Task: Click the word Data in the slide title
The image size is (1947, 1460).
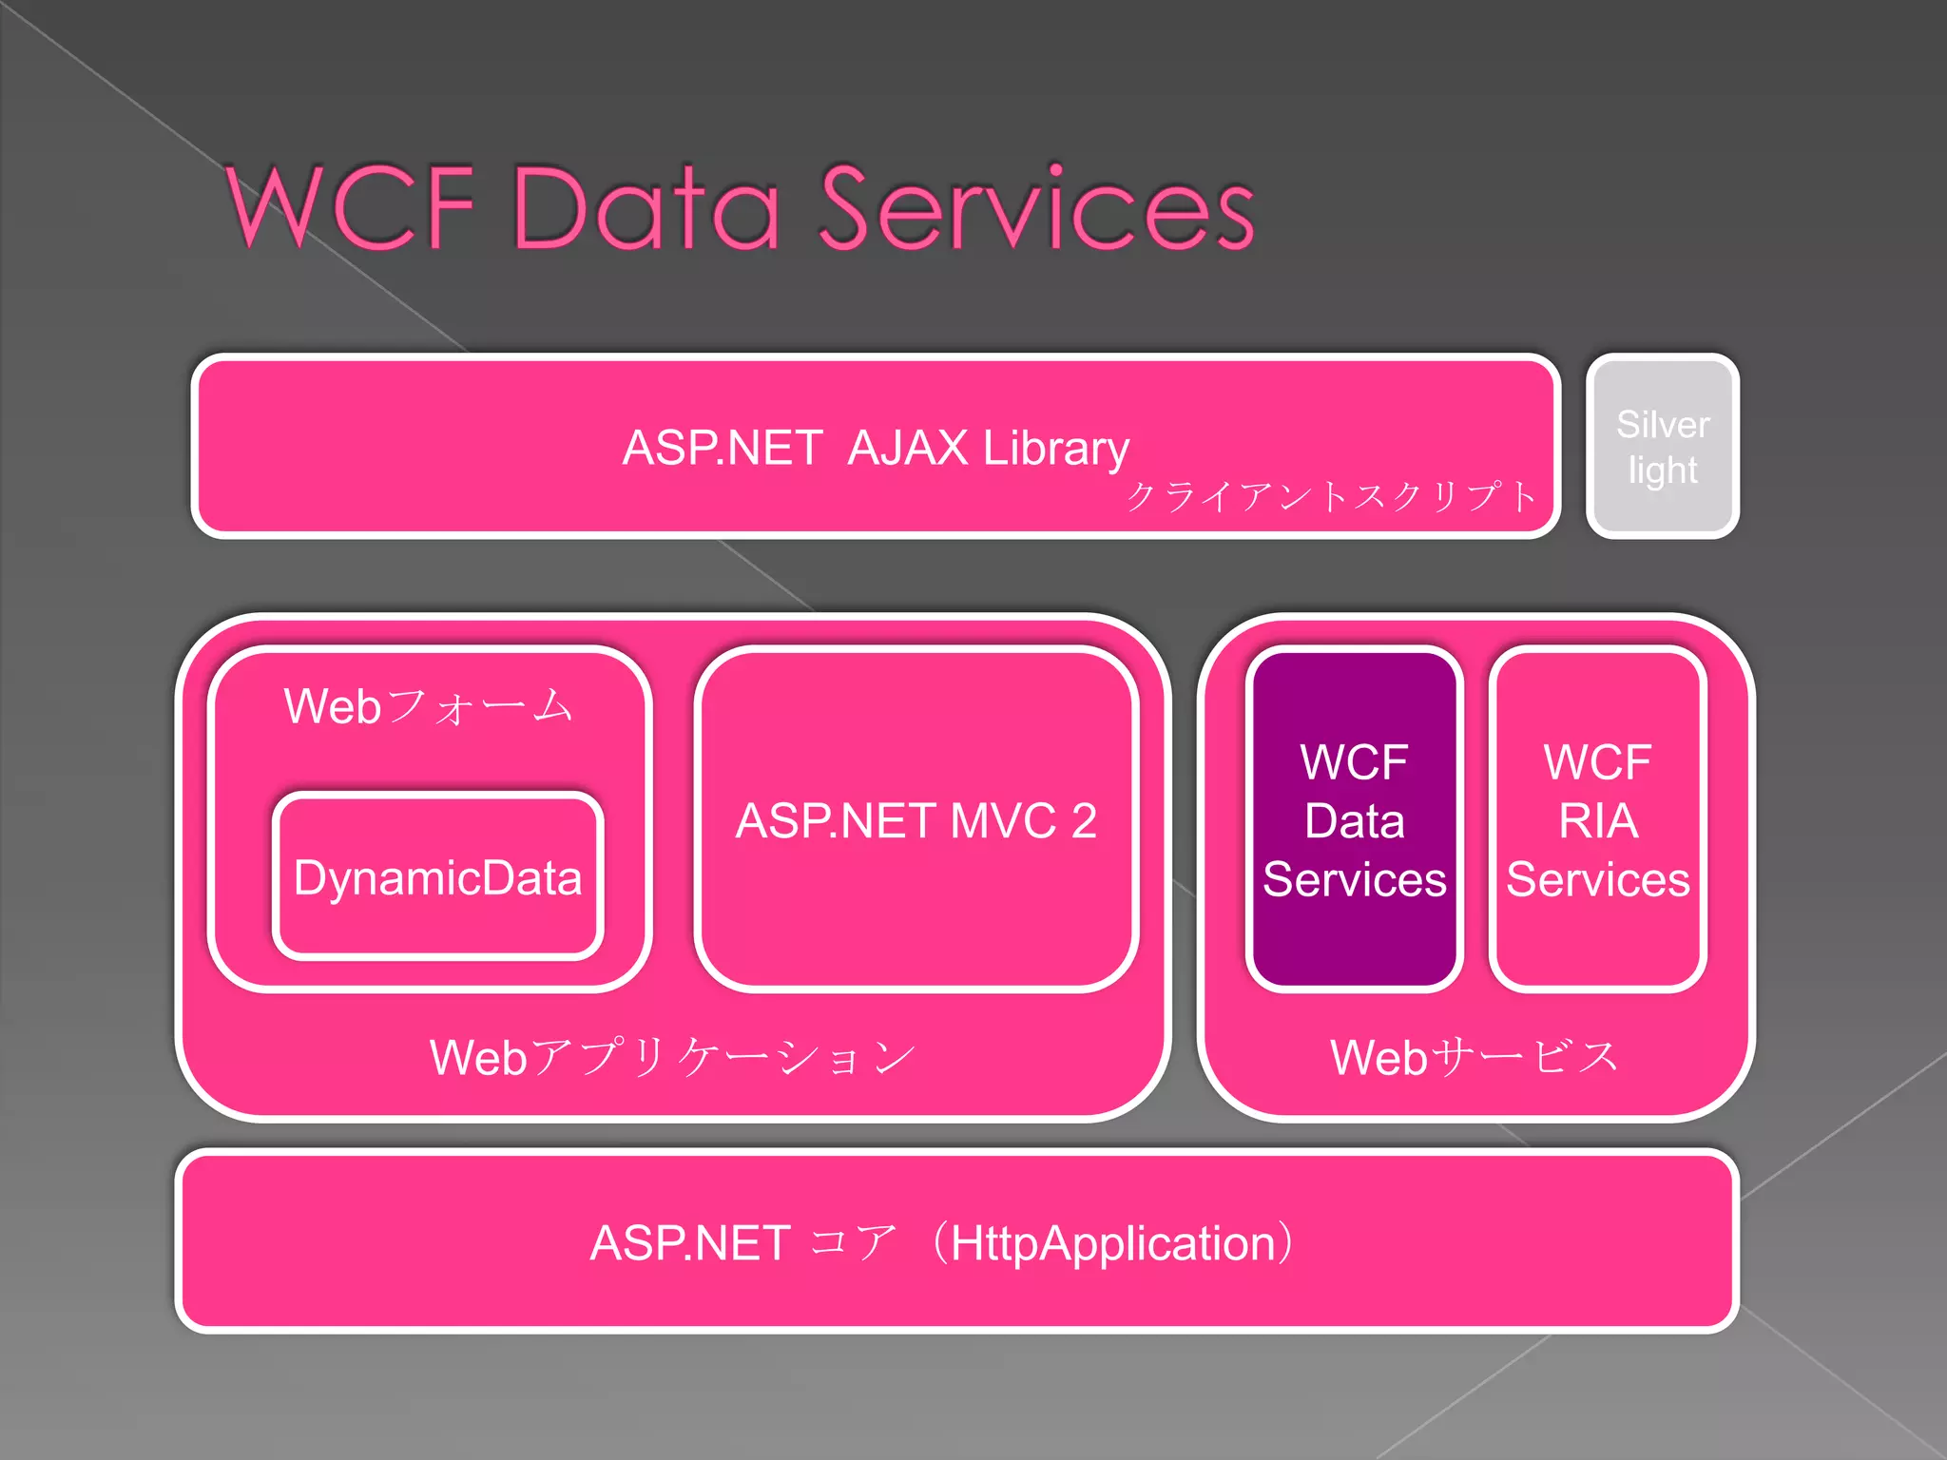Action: pos(646,207)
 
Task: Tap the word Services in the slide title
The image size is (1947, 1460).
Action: pos(1036,207)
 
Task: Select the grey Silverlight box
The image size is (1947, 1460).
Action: pos(1662,447)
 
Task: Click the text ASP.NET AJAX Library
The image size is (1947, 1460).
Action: pos(875,448)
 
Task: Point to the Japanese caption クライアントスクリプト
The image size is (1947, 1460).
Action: pos(1331,496)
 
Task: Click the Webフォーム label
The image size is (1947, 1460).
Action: pos(429,706)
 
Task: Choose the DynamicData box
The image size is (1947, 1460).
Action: pos(437,877)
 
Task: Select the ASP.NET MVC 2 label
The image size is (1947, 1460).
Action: pos(916,820)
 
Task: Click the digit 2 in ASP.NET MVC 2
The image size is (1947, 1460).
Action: pos(1084,820)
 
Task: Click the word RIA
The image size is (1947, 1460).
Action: pos(1598,820)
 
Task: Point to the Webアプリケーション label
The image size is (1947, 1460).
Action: pos(672,1057)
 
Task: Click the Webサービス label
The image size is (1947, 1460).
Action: pos(1475,1057)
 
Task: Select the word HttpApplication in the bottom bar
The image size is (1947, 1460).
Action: pos(1112,1243)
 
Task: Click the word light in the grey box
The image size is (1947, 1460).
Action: pos(1662,471)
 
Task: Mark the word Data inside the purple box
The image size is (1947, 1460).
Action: pos(1354,820)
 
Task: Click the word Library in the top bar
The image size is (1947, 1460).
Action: pos(1055,448)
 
